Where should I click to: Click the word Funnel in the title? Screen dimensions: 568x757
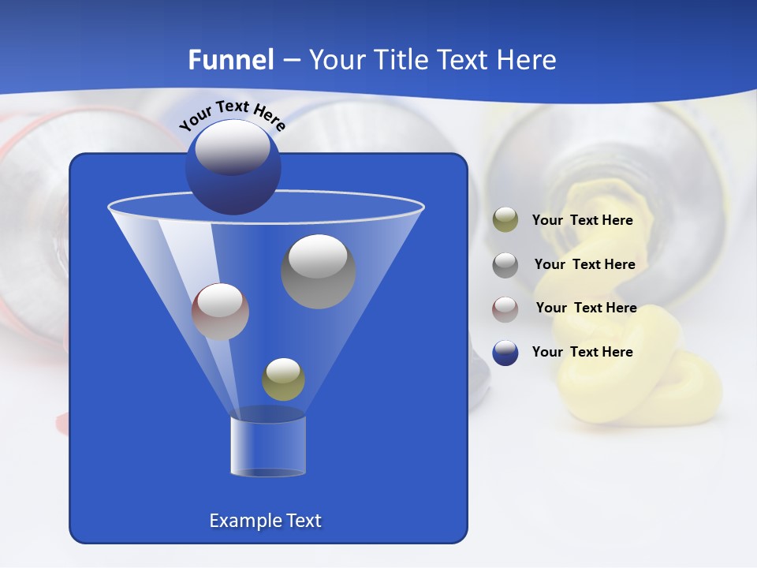coord(231,60)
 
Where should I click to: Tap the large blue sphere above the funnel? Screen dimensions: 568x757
coord(233,166)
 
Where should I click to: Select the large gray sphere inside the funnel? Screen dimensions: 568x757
coord(319,271)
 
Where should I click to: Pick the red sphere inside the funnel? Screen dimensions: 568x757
coord(220,312)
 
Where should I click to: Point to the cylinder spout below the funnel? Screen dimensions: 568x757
coord(267,446)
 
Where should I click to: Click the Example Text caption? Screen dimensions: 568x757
coord(266,521)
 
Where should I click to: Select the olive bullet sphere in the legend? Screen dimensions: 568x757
coord(505,220)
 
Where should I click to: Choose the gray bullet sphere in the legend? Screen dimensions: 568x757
coord(505,264)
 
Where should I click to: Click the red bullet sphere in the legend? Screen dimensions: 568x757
coord(505,308)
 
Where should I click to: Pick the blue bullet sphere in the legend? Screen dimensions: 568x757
coord(505,353)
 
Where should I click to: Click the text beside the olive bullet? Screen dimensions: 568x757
coord(582,221)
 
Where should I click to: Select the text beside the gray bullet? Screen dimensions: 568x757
coord(584,264)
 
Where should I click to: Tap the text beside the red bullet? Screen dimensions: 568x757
coord(586,308)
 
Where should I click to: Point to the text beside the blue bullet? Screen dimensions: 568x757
coord(582,352)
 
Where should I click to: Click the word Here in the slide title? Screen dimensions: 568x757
coord(528,60)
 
